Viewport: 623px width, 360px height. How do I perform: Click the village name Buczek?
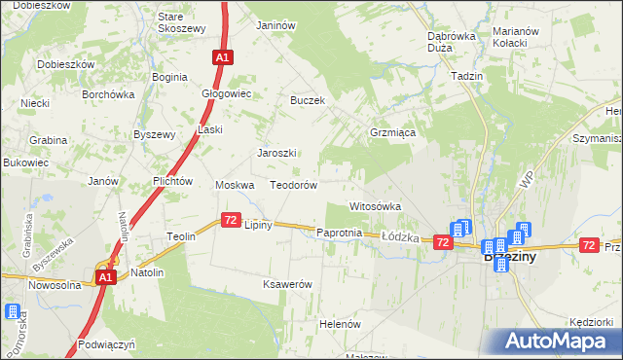point(308,100)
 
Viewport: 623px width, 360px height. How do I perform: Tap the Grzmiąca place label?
point(394,132)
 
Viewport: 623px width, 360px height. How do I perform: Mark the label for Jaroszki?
point(276,153)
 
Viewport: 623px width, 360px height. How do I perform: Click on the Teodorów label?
point(294,185)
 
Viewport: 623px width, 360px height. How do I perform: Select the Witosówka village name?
point(376,206)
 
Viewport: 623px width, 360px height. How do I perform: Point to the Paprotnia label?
point(340,234)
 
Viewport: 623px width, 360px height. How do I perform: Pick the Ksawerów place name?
point(287,284)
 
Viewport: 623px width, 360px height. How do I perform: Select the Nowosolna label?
point(55,285)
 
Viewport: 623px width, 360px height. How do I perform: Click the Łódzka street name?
point(399,236)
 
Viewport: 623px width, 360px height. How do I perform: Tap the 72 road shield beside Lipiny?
point(231,222)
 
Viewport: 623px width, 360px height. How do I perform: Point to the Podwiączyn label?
point(107,344)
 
